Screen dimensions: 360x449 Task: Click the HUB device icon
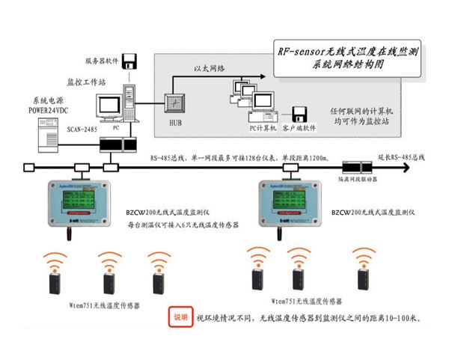174,103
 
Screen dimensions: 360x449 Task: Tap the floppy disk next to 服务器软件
131,60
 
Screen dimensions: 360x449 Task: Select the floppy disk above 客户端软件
299,115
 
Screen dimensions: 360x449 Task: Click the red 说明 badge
180,317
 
